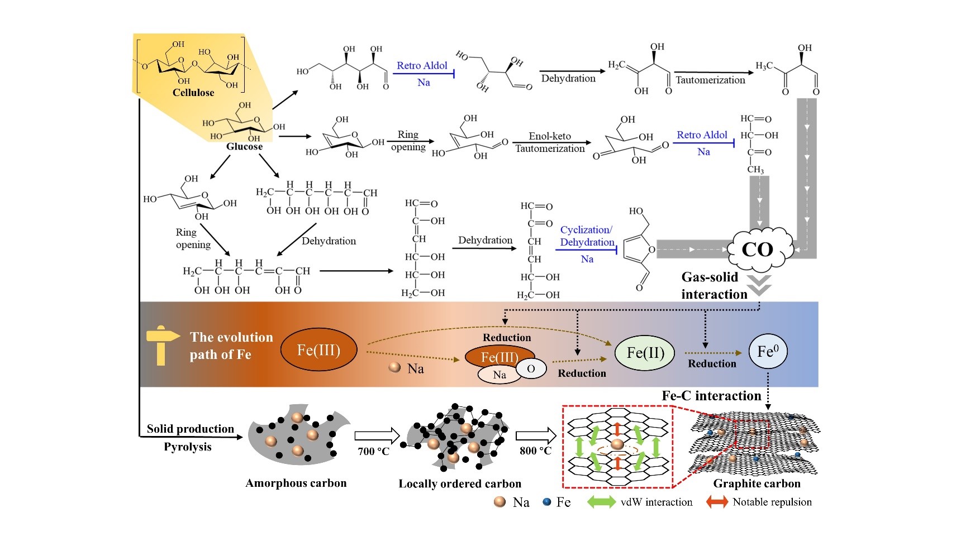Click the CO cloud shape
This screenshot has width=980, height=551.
click(758, 250)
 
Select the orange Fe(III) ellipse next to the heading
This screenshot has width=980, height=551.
click(318, 350)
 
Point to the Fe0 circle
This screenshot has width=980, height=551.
click(768, 352)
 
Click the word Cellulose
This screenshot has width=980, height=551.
click(193, 93)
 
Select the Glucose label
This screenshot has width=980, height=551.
click(244, 146)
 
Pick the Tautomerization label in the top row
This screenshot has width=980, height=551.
click(710, 80)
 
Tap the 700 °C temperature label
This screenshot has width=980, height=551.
click(373, 451)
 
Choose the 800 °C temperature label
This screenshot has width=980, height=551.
click(535, 451)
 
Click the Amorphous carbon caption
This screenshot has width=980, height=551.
click(296, 483)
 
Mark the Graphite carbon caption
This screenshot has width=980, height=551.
click(757, 483)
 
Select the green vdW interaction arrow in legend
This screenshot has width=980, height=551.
click(601, 502)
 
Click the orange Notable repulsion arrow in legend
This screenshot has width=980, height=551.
click(717, 502)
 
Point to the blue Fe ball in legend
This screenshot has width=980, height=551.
click(547, 502)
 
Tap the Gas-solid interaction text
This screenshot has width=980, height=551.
click(712, 285)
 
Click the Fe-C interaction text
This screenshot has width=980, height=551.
click(711, 396)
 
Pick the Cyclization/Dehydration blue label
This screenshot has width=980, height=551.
click(587, 236)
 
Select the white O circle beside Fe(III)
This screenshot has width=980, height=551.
click(531, 368)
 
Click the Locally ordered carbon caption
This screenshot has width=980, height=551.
click(460, 483)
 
